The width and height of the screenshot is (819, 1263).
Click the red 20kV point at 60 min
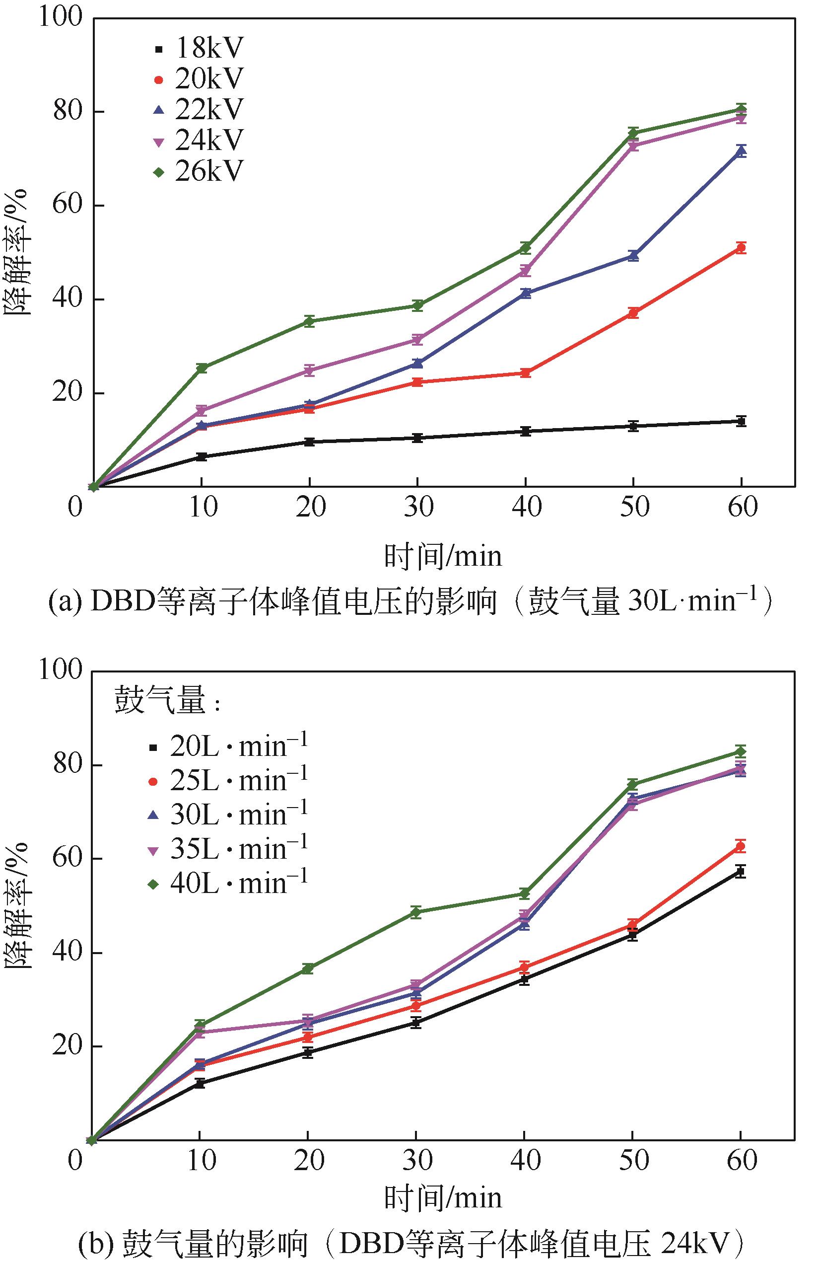click(x=741, y=248)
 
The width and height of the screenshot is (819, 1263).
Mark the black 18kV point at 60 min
click(x=741, y=421)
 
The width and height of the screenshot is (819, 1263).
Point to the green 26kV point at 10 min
click(x=202, y=368)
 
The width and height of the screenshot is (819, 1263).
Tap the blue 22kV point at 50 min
click(x=633, y=256)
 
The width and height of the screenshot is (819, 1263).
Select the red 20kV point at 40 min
click(x=525, y=372)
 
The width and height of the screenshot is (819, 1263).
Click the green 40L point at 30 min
click(x=416, y=912)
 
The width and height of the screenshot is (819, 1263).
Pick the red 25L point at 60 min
click(x=741, y=846)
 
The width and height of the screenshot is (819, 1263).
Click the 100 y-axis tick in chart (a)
click(x=54, y=17)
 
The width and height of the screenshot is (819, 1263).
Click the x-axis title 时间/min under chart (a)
click(x=442, y=557)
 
